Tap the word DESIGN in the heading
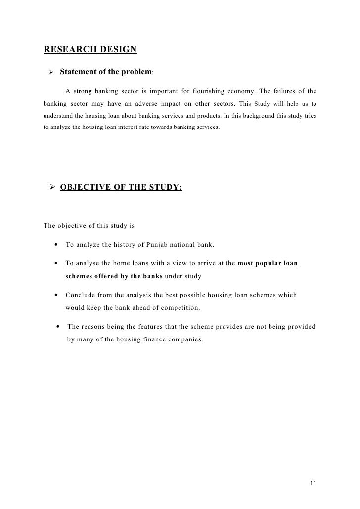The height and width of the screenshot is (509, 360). [119, 49]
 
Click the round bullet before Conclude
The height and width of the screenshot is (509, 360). [57, 295]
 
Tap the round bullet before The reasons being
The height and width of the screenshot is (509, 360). [59, 327]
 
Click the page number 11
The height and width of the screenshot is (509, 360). [312, 482]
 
